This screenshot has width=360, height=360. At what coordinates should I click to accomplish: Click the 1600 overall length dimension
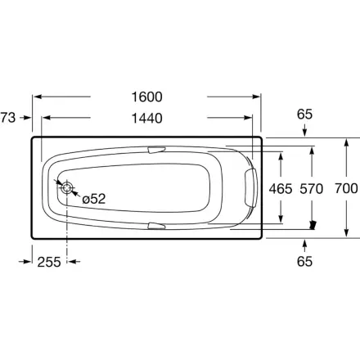click(146, 97)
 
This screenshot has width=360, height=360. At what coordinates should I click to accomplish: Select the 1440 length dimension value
click(146, 119)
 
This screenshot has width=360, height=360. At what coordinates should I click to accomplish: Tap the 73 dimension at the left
click(8, 118)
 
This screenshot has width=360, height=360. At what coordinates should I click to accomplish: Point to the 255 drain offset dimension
click(49, 262)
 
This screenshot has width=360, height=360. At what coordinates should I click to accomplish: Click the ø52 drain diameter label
click(94, 199)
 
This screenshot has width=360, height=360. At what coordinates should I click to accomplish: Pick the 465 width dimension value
click(281, 189)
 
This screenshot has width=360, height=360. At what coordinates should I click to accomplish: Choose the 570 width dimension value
click(312, 189)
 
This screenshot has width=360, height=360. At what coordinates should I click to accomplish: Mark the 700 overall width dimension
click(346, 188)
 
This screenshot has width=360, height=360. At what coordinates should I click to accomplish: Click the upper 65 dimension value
click(304, 115)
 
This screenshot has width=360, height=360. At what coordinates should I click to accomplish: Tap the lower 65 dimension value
click(304, 262)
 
